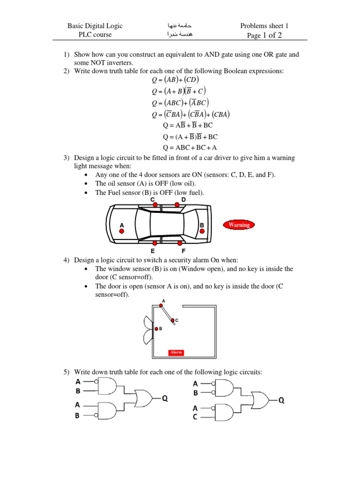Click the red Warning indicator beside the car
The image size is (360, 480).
pos(239,225)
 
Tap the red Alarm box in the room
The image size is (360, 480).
pos(176,352)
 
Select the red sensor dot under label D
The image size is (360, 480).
pos(177,204)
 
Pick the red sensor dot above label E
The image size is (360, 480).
pos(154,243)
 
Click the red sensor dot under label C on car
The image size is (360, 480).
pos(154,204)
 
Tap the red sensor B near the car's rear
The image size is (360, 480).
pos(202,231)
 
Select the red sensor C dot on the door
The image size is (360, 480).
pos(172,321)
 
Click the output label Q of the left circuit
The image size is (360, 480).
pos(165,398)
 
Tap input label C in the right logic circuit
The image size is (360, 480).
pos(195,416)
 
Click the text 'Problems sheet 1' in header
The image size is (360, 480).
pos(264,26)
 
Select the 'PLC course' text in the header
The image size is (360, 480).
pos(96,35)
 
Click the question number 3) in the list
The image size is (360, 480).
pos(67,158)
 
